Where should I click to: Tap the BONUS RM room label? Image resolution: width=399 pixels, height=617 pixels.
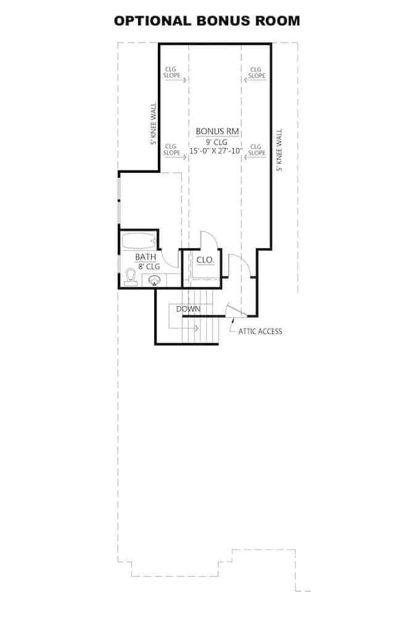click(x=217, y=131)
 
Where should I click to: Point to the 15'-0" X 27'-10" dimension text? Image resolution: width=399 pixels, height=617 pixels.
click(x=217, y=151)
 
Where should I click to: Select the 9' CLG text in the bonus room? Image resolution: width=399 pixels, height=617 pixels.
click(x=217, y=141)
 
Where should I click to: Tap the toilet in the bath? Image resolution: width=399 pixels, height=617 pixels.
click(x=130, y=278)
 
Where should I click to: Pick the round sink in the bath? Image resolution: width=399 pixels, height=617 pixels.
click(x=155, y=281)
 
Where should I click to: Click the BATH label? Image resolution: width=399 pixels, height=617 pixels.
click(x=145, y=257)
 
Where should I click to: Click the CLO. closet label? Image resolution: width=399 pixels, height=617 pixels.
click(x=205, y=260)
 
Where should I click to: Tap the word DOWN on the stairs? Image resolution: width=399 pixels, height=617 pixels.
click(x=187, y=308)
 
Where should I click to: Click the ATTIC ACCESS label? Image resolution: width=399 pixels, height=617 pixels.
click(x=260, y=331)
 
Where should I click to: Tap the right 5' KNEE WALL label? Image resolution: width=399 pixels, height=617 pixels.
click(x=279, y=150)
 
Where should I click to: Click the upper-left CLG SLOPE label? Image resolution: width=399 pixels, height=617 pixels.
click(x=171, y=73)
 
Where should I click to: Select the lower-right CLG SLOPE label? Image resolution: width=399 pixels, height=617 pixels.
click(x=257, y=149)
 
